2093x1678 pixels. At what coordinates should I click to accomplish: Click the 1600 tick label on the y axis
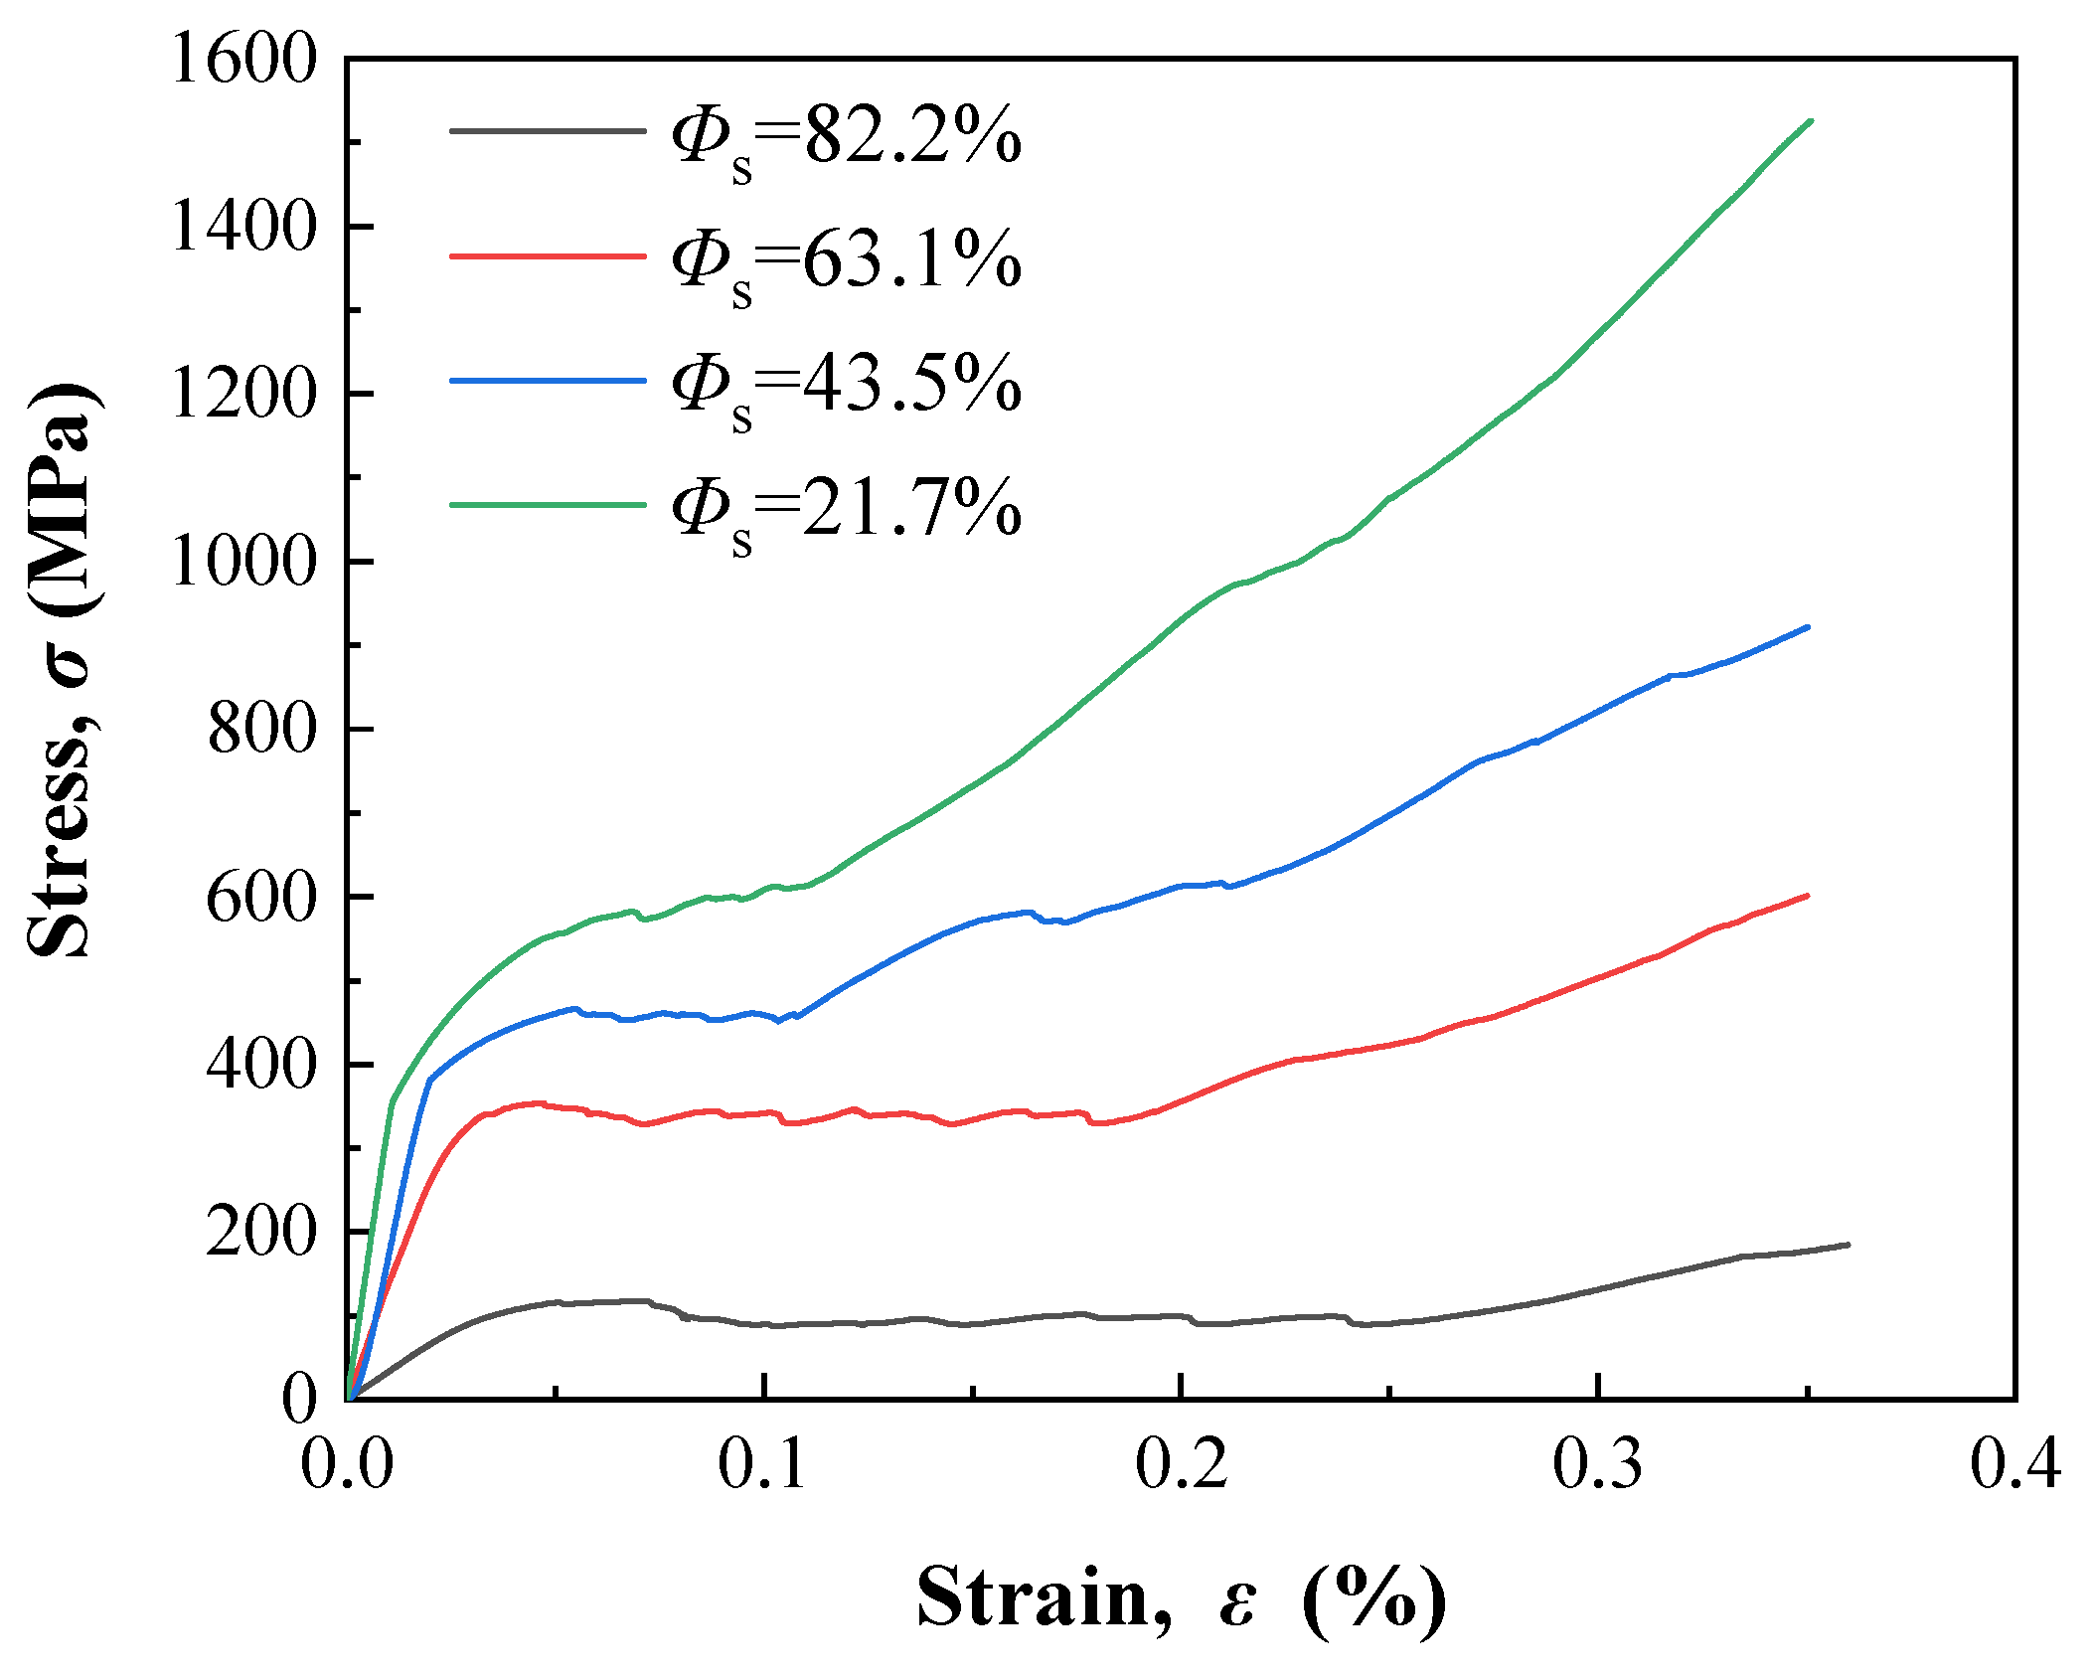[x=242, y=59]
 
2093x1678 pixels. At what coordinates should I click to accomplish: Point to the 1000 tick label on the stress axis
[x=242, y=562]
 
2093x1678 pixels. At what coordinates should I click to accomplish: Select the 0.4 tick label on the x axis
[x=2014, y=1464]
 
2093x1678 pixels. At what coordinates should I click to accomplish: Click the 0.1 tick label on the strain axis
[x=762, y=1464]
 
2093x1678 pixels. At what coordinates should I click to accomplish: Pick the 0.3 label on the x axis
[x=1597, y=1464]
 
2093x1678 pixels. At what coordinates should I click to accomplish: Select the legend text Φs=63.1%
[x=845, y=261]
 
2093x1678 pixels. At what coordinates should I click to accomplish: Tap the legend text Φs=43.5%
[x=845, y=386]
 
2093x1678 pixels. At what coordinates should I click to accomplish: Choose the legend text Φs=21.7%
[x=845, y=510]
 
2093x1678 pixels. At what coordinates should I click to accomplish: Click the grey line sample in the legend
[x=548, y=130]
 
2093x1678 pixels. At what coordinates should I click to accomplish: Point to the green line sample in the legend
[x=548, y=504]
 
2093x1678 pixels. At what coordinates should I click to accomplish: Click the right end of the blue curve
[x=1807, y=627]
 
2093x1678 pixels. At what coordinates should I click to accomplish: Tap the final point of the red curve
[x=1807, y=896]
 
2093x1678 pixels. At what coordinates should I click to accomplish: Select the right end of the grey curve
[x=1848, y=1245]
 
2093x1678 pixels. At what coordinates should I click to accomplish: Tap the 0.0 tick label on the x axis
[x=347, y=1464]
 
